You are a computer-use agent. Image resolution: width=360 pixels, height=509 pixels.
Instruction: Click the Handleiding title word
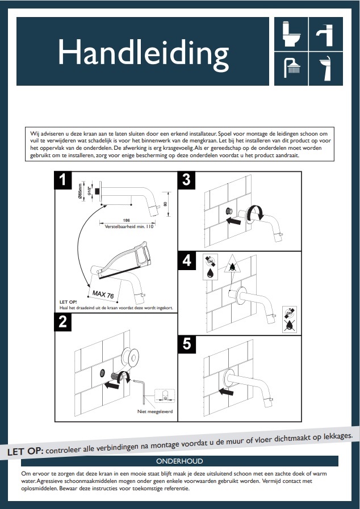pos(143,54)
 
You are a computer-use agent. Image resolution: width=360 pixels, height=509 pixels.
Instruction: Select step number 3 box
pos(187,180)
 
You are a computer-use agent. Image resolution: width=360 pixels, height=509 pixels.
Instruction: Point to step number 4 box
pos(187,261)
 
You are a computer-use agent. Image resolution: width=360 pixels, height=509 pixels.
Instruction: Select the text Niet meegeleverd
pos(155,411)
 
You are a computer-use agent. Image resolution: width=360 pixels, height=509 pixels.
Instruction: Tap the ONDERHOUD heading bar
pos(179,461)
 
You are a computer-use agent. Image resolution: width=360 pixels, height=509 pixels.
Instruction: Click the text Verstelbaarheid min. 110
pos(129,226)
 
